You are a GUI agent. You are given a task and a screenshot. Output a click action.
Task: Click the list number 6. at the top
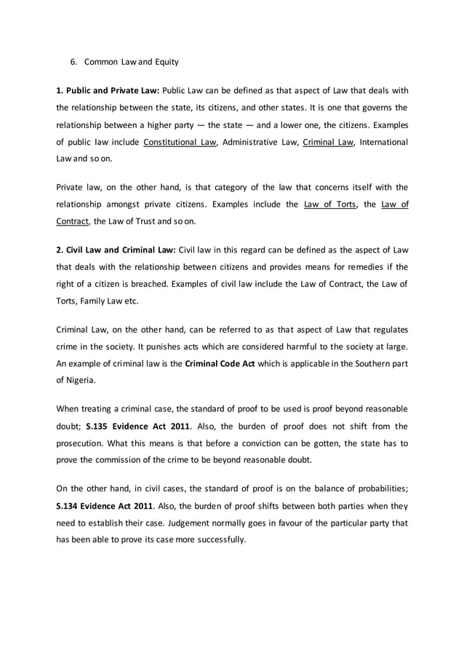coord(73,61)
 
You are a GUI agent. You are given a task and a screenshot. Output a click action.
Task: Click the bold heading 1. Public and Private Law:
coord(108,91)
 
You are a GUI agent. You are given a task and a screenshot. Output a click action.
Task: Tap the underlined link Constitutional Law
coord(180,141)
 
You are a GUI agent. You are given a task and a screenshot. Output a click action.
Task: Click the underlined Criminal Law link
coord(327,141)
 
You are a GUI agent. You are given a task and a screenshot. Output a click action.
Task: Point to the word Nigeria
coord(82,378)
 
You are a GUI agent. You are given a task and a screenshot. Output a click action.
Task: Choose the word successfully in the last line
coord(221,540)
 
